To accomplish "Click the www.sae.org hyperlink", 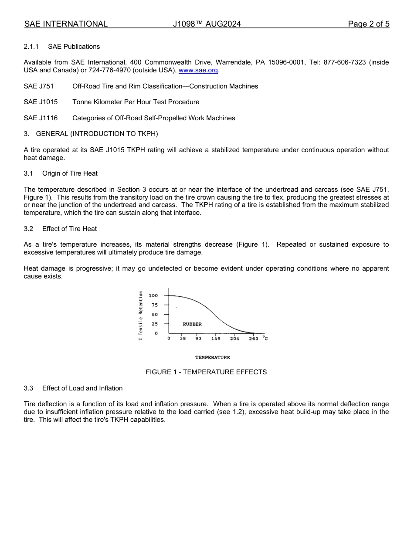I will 198,71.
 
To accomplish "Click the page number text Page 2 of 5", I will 369,24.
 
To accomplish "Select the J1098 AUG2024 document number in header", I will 207,24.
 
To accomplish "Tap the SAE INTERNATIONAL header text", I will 66,24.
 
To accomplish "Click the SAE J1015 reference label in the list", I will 41,102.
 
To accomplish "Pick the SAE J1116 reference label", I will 41,118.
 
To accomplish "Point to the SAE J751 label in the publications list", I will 39,86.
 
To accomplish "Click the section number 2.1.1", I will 31,47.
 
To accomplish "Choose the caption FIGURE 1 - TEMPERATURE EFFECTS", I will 206,372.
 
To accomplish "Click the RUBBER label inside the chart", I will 192,324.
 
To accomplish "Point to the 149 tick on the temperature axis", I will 216,339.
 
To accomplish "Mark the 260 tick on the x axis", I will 254,339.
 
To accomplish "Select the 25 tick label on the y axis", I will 154,324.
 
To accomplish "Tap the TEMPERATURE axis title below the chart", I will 212,358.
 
